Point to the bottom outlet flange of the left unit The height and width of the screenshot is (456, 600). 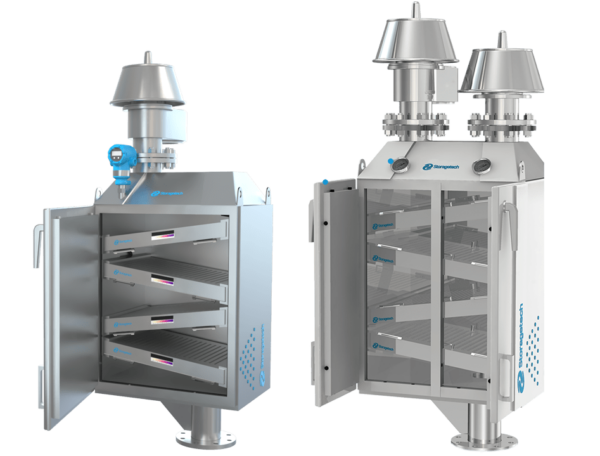[206, 437]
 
